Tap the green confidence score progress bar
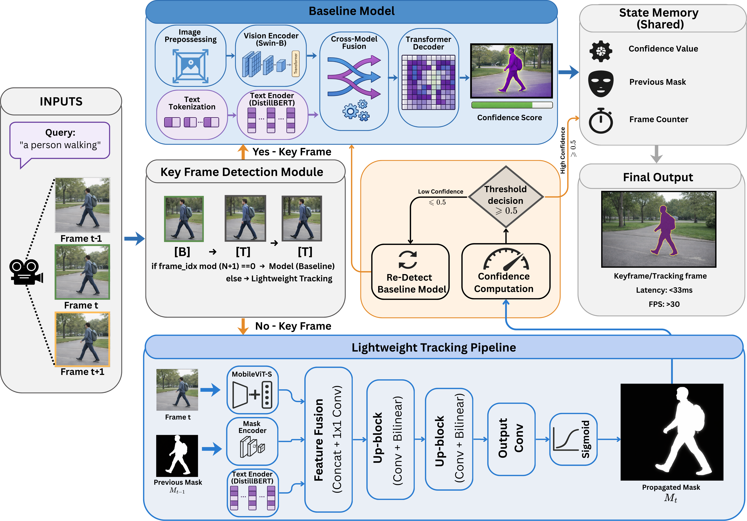pyautogui.click(x=511, y=105)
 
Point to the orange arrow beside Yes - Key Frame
pyautogui.click(x=243, y=152)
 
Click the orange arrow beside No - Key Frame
pyautogui.click(x=243, y=326)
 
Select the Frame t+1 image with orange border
pyautogui.click(x=82, y=339)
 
